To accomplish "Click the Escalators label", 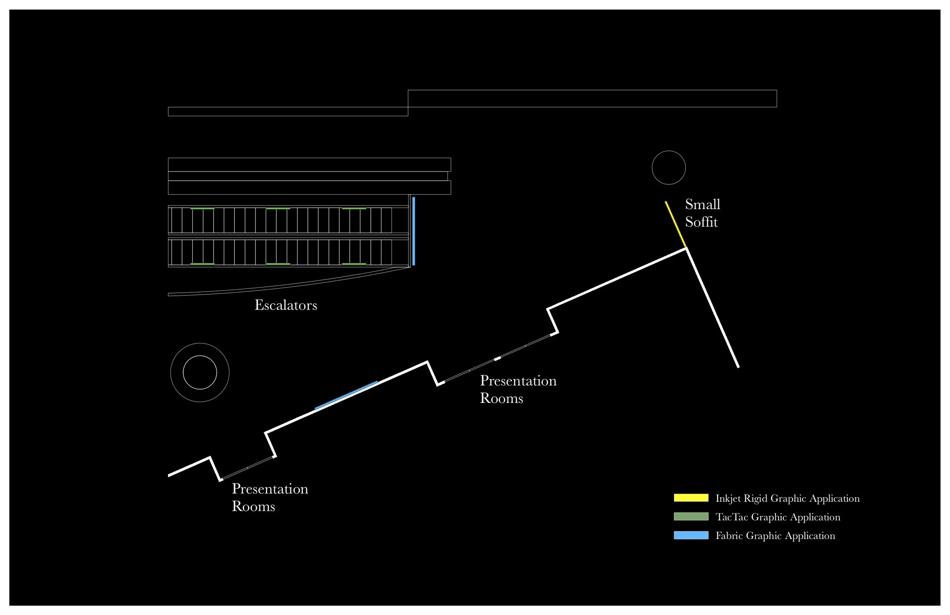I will pos(286,306).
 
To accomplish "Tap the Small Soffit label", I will pos(703,213).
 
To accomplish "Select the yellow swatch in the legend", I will pos(691,498).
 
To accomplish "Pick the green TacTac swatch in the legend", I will pos(691,517).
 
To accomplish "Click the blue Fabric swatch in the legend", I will pos(691,536).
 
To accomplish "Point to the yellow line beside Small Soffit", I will pos(675,224).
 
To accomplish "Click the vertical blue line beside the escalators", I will pos(413,231).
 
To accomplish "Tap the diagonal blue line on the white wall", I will pos(346,395).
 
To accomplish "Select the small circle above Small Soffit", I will pos(668,168).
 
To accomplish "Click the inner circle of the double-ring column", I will pos(199,372).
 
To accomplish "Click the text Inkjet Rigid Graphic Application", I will pos(787,498).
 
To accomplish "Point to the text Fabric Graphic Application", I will pos(775,536).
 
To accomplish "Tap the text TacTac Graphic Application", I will pos(777,517).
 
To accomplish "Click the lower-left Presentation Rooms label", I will pos(270,498).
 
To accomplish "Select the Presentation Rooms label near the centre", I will pos(518,389).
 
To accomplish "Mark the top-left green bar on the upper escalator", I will pos(203,208).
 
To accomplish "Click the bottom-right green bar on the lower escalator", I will pos(354,264).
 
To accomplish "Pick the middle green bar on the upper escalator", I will pos(278,208).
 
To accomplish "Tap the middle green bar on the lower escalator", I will pos(278,264).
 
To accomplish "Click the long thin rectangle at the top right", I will pos(592,99).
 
